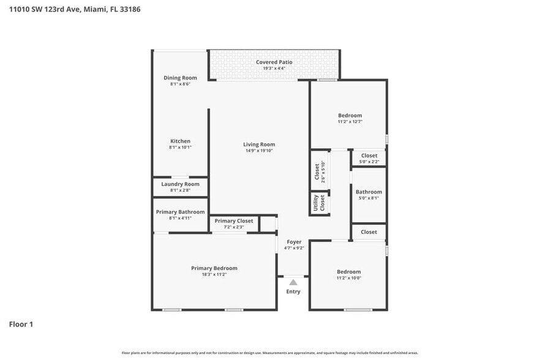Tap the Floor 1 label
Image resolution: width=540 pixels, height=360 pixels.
pos(21,324)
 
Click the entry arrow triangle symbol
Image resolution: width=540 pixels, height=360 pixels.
pos(293,282)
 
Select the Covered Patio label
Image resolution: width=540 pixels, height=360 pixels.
pos(274,62)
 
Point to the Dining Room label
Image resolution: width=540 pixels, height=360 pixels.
pos(180,78)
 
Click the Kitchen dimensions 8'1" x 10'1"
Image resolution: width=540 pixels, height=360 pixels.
pos(180,148)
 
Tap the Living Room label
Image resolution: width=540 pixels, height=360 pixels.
pos(259,144)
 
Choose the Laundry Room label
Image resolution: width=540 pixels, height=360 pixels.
pos(180,184)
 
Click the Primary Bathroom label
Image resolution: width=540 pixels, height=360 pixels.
pos(180,212)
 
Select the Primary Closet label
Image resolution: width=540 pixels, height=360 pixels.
pos(234,221)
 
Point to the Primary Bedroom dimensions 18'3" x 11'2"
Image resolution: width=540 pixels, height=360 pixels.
pos(214,275)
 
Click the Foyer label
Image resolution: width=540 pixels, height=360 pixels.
pos(294,242)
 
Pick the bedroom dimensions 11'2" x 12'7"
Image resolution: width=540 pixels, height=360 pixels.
pos(350,122)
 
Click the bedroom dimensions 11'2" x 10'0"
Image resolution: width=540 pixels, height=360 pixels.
pos(349,279)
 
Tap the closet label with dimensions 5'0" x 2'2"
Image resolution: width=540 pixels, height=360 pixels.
pos(369,156)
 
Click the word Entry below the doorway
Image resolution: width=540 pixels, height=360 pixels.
pos(293,292)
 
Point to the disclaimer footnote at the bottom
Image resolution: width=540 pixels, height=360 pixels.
pos(269,353)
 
